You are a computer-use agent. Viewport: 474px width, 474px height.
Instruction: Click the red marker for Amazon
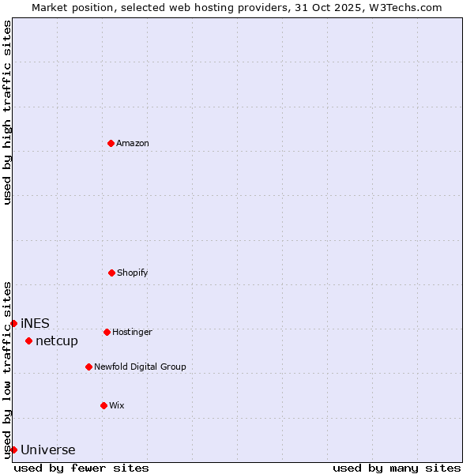point(111,143)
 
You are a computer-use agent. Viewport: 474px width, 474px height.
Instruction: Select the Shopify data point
point(111,273)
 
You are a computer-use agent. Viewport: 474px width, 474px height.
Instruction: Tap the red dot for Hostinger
point(107,332)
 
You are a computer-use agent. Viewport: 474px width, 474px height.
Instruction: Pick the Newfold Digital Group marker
point(88,367)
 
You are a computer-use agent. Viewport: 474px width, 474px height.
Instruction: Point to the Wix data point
point(103,405)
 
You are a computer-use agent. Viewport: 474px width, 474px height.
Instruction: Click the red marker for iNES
point(13,323)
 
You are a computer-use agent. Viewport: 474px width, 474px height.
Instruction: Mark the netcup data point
point(28,340)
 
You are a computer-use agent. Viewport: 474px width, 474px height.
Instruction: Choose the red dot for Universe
point(13,450)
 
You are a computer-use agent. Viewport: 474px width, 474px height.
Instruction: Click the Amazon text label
point(133,143)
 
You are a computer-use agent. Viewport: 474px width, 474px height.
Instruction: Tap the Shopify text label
point(133,273)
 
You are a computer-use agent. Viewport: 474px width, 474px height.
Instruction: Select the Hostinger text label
point(132,332)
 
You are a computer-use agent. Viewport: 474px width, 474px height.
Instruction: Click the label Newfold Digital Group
point(140,367)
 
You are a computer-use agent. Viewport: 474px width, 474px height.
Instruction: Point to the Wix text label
point(117,405)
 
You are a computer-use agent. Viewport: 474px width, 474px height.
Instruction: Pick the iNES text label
point(35,323)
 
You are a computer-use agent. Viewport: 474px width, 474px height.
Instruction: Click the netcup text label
point(57,340)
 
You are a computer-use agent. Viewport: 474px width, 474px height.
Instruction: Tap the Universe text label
point(48,450)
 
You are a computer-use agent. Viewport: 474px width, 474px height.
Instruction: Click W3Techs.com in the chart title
point(403,7)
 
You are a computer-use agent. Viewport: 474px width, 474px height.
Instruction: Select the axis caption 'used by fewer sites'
point(81,468)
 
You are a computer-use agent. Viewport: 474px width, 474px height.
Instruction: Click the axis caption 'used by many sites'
point(397,468)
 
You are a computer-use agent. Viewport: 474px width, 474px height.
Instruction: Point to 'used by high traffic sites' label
point(7,112)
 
